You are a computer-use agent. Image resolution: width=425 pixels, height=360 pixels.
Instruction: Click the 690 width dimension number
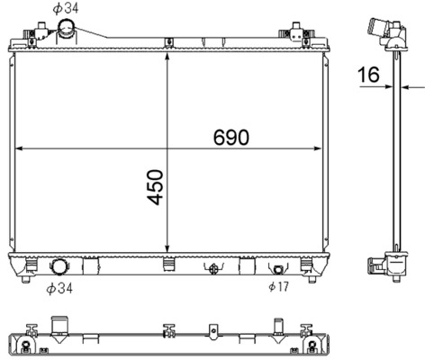pos(231,137)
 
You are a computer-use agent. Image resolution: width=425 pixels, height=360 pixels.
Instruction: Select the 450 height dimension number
pos(156,186)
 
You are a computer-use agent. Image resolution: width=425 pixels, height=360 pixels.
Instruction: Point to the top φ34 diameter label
pos(65,8)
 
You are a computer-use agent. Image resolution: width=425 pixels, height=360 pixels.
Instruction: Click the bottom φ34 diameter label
pos(59,289)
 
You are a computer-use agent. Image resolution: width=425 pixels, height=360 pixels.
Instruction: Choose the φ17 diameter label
pos(278,287)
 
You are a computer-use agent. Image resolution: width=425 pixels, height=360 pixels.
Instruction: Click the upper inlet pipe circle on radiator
pos(67,32)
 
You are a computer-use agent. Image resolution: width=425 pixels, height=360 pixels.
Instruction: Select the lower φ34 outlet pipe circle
pos(60,267)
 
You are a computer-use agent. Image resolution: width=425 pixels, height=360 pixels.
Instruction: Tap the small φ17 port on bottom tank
pos(278,268)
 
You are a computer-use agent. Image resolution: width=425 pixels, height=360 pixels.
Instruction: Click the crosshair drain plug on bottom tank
pos(213,268)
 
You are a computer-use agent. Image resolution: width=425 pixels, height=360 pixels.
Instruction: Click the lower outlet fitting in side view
pos(383,265)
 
